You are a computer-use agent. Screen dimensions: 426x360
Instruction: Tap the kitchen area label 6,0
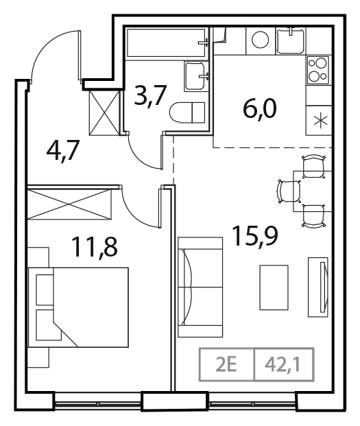point(261,109)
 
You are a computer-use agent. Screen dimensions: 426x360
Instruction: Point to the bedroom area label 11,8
point(94,245)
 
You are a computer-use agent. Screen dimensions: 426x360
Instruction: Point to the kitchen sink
point(293,41)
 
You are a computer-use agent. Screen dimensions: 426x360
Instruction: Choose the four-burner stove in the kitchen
point(318,69)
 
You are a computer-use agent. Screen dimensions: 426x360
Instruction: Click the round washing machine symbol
point(261,40)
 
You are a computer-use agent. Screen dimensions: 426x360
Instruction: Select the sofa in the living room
point(200,286)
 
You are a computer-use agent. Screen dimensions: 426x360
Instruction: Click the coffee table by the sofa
point(273,286)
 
